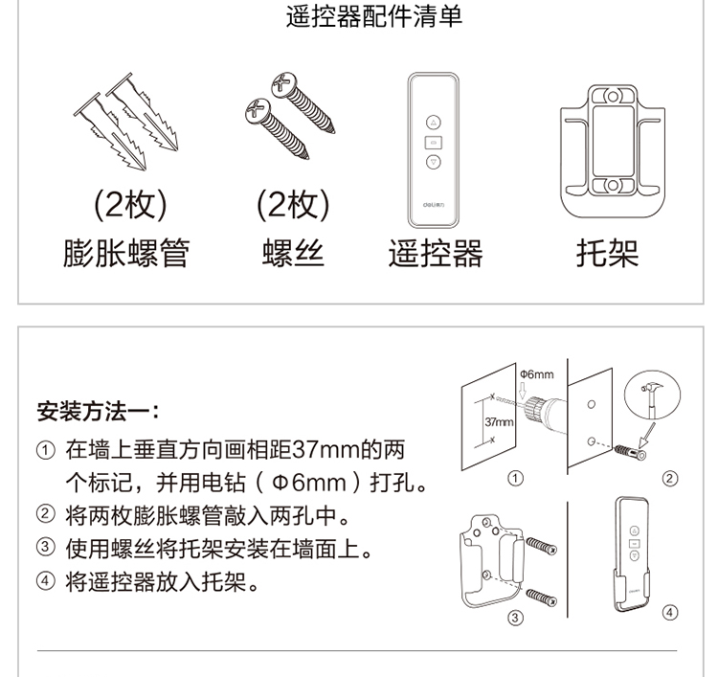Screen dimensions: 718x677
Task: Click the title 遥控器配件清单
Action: point(373,16)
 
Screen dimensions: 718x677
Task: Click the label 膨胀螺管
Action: point(126,253)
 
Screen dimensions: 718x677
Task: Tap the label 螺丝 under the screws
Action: point(293,253)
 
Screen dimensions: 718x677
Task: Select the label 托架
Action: point(607,253)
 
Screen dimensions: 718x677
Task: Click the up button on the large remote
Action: point(433,123)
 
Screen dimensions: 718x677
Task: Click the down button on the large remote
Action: point(433,162)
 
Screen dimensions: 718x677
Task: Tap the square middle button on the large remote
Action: point(433,143)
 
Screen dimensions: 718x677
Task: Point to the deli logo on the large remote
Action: point(433,205)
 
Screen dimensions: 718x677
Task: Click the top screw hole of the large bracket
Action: point(613,97)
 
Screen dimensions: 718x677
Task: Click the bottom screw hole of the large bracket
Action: point(613,186)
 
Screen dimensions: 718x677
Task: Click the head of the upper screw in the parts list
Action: point(284,85)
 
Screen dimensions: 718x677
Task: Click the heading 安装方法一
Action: point(98,411)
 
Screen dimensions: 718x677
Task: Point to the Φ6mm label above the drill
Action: point(537,374)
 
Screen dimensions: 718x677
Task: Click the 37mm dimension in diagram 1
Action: point(499,421)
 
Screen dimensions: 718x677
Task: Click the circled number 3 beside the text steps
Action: point(45,547)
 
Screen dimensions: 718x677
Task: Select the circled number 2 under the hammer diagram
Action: point(669,479)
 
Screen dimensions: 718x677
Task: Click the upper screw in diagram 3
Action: point(541,546)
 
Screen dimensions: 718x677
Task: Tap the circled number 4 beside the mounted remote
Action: point(669,613)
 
